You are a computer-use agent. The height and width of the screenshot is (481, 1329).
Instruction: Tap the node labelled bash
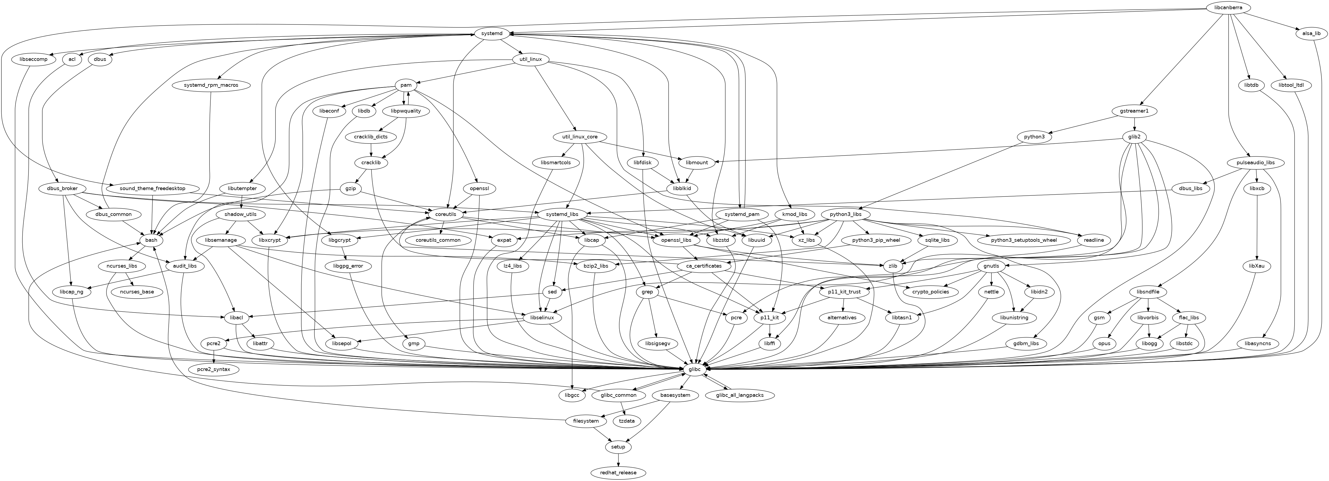(151, 241)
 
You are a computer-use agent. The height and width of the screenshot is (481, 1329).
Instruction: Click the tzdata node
(627, 421)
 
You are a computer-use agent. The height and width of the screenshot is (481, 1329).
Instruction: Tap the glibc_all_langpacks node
(740, 395)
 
